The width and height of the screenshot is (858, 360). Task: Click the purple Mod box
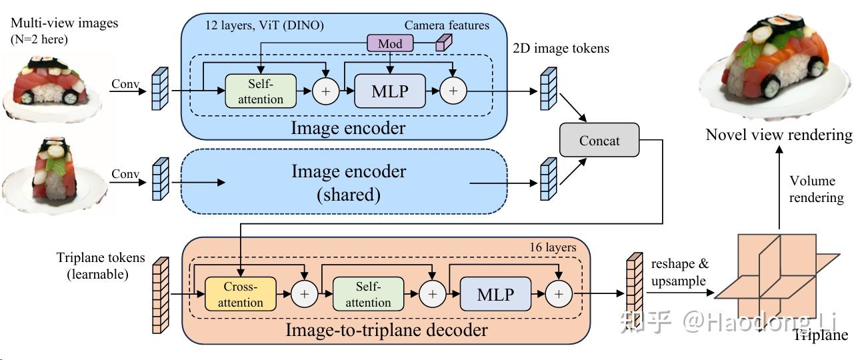click(x=390, y=44)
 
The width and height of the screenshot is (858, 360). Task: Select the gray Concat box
click(x=599, y=141)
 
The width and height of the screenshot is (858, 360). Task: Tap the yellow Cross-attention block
click(x=240, y=294)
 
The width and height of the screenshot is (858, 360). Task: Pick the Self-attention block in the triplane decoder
click(x=368, y=294)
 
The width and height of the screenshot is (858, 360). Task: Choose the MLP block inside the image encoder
click(x=389, y=91)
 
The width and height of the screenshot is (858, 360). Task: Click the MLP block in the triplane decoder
click(x=495, y=294)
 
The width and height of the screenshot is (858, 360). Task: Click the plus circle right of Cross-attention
click(x=304, y=294)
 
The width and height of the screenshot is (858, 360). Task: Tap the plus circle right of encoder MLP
click(x=453, y=91)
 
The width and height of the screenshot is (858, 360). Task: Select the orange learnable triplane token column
click(x=158, y=294)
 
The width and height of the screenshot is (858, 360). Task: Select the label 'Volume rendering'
click(x=812, y=189)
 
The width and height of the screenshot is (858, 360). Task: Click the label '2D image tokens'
click(x=561, y=48)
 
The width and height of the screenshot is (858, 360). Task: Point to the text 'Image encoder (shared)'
click(x=348, y=182)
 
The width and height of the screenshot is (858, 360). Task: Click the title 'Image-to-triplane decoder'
click(x=387, y=330)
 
